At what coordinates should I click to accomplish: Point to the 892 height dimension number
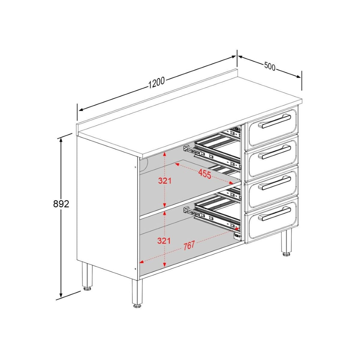(x=61, y=204)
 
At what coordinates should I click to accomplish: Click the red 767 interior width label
(x=189, y=245)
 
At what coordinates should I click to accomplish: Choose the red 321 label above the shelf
(x=165, y=181)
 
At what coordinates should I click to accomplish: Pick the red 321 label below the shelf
(x=165, y=241)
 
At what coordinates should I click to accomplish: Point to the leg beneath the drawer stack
(x=286, y=241)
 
